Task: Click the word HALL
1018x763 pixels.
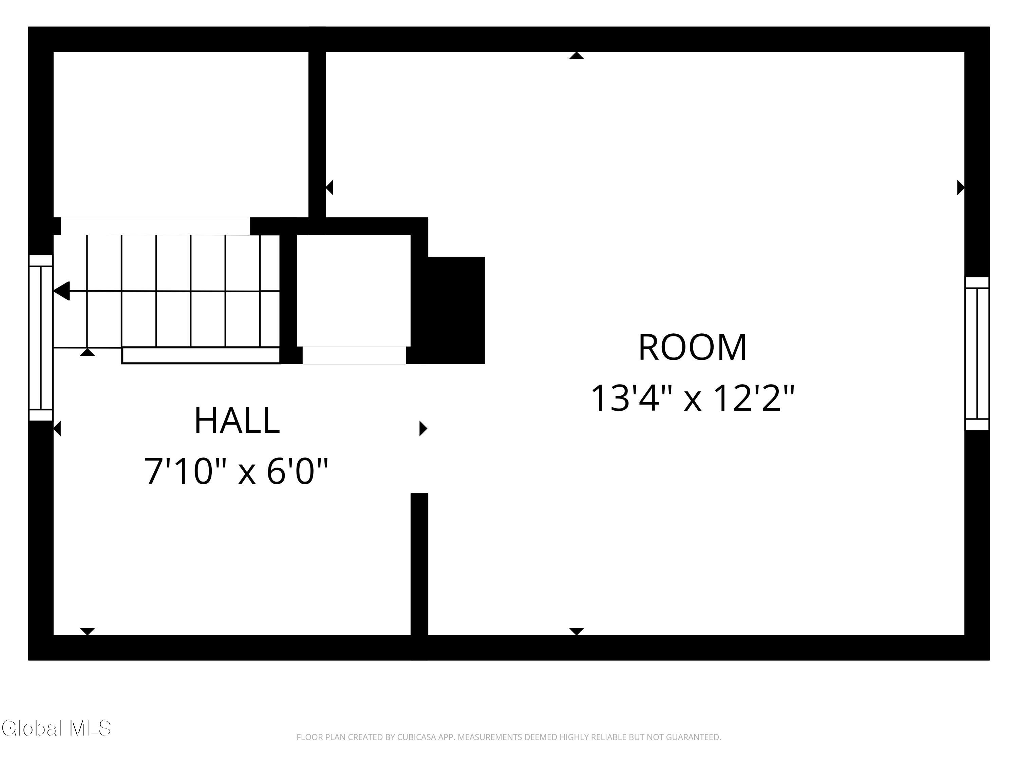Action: pyautogui.click(x=237, y=420)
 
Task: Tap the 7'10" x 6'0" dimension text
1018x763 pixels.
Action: pyautogui.click(x=236, y=471)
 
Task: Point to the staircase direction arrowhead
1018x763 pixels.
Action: pyautogui.click(x=62, y=291)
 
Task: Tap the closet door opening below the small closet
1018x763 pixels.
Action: pyautogui.click(x=354, y=355)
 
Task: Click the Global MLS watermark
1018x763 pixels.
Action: pyautogui.click(x=56, y=728)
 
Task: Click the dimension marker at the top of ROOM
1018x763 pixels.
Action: pyautogui.click(x=576, y=56)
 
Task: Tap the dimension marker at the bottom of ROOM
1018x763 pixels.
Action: pyautogui.click(x=576, y=631)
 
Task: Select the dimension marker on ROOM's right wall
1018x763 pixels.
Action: pyautogui.click(x=960, y=188)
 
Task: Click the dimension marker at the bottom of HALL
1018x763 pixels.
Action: pyautogui.click(x=88, y=631)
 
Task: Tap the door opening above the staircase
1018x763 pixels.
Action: pyautogui.click(x=155, y=226)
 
